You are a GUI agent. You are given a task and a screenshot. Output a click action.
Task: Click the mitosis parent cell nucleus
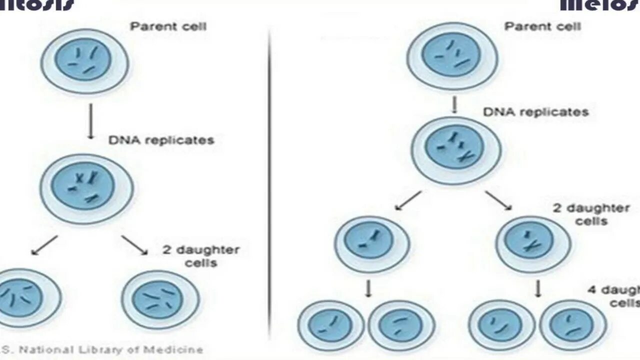pos(83,60)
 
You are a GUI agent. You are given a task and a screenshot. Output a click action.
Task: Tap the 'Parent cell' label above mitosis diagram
pos(168,26)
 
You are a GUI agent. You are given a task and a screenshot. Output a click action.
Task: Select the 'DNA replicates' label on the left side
pos(161,140)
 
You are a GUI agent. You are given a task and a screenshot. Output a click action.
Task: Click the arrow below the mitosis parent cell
pos(90,121)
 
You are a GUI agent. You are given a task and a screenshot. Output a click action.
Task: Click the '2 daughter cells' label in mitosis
pos(201,256)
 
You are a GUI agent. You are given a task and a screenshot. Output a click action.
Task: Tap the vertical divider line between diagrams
pos(270,180)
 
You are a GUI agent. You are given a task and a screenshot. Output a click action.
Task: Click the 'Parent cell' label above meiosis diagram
pos(542,26)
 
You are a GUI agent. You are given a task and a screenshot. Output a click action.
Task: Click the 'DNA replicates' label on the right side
pos(535,112)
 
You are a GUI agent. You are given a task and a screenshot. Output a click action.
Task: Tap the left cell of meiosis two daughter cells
pos(372,244)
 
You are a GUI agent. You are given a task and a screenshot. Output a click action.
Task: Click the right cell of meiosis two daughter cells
pos(533,244)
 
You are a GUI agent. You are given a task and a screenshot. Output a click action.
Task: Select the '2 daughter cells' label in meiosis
pos(591,214)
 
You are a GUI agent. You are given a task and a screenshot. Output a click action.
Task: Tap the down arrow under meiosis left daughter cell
pos(368,288)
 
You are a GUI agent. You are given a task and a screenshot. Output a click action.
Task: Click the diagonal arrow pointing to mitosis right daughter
pos(134,245)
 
